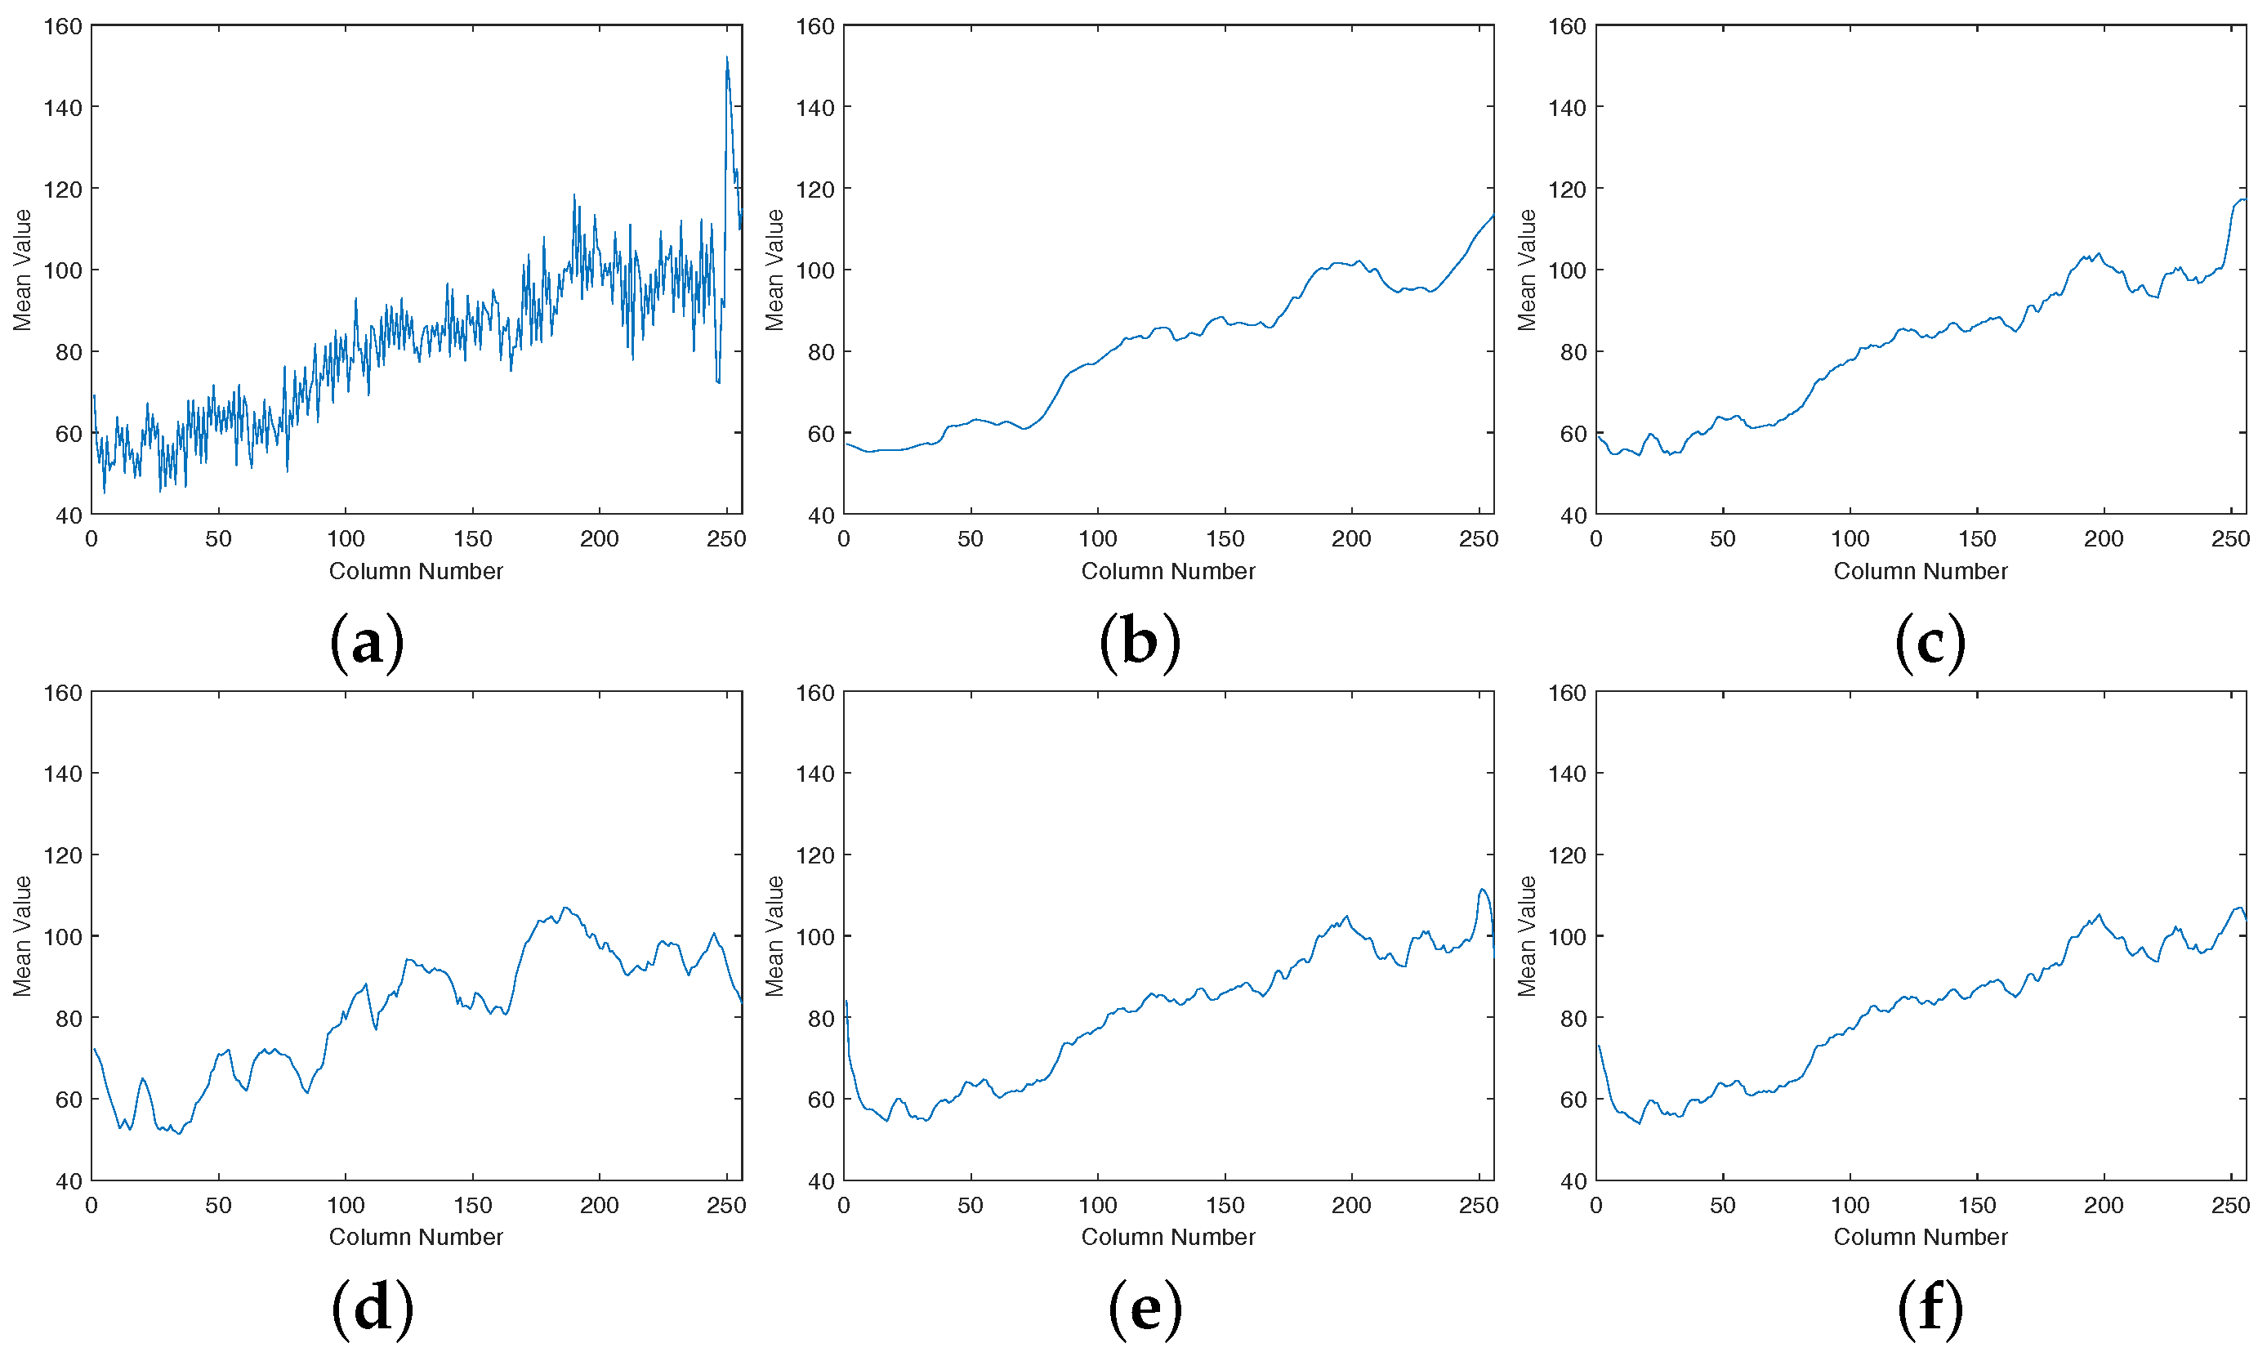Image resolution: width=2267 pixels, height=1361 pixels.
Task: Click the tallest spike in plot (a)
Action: pos(727,59)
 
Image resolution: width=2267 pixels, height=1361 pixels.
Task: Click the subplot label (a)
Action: pos(367,641)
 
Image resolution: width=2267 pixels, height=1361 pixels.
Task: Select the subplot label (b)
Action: pos(1140,641)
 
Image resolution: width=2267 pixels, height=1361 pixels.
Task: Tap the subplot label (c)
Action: pos(1930,641)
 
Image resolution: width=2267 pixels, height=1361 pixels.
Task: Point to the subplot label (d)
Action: pos(373,1307)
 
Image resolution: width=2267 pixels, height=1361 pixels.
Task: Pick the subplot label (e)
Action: pos(1145,1307)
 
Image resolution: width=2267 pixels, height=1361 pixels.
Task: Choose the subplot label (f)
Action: pos(1930,1307)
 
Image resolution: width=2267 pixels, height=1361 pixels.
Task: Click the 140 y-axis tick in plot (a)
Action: pos(62,108)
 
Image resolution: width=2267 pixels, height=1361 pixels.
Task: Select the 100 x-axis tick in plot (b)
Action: pos(1098,539)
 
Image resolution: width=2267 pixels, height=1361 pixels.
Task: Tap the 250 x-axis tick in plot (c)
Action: pos(2230,539)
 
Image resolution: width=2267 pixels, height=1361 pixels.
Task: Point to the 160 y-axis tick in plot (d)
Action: pos(62,694)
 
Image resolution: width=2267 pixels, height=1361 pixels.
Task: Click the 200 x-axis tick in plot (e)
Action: pos(1351,1205)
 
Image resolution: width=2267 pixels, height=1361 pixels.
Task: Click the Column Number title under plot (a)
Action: pos(417,571)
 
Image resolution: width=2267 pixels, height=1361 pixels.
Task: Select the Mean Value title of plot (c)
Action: pos(1526,270)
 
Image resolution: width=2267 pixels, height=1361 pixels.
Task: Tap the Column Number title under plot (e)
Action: pos(1168,1237)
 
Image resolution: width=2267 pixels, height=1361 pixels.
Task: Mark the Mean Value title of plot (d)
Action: pos(22,935)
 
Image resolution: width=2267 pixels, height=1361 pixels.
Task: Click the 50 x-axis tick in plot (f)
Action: pos(1722,1205)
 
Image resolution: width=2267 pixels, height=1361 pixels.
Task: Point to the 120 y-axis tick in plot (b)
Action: pos(814,190)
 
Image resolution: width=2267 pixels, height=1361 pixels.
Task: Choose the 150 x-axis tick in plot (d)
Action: pos(472,1205)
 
